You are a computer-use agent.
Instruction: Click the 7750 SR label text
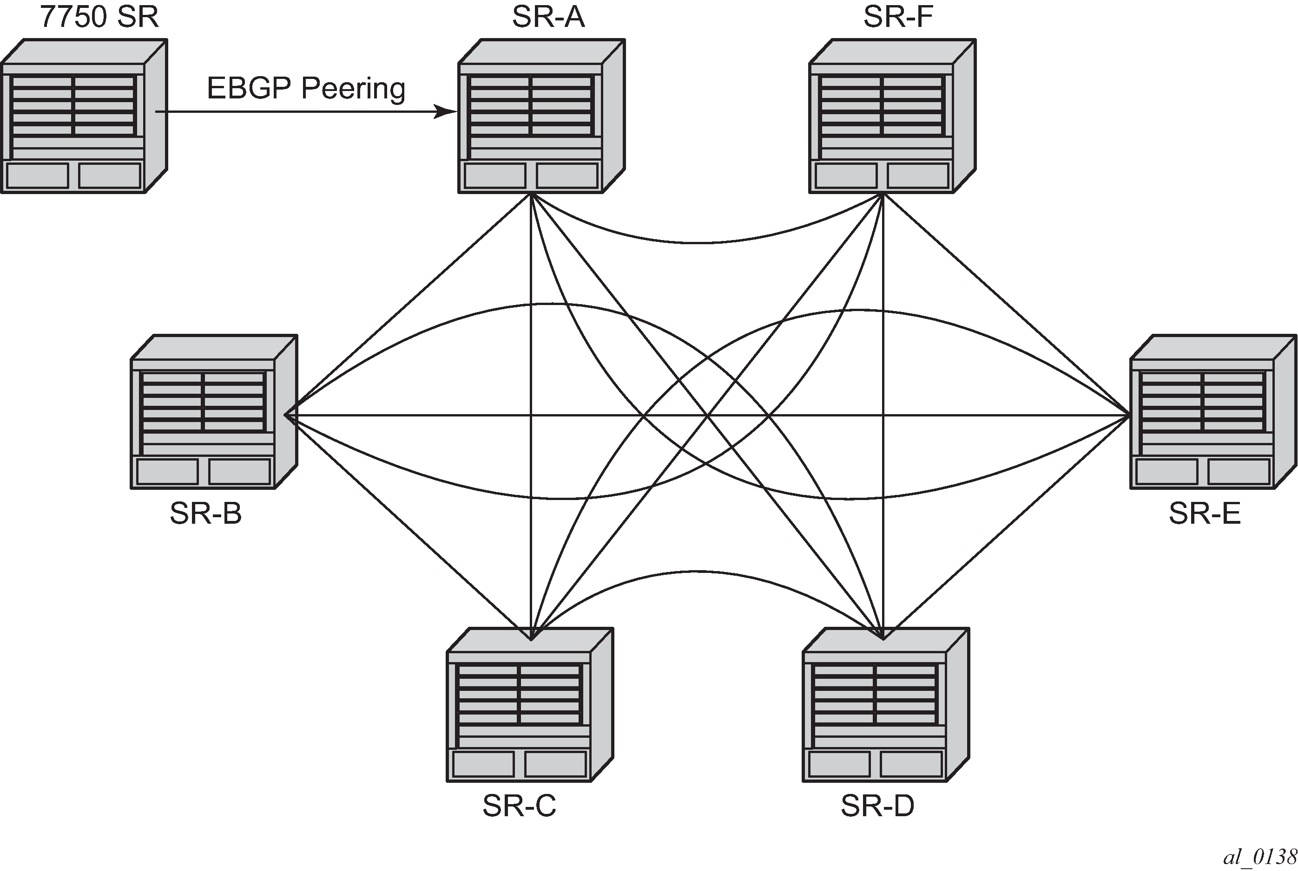[x=99, y=17]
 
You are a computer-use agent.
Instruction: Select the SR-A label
[x=548, y=17]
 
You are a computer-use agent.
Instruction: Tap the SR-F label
[x=898, y=17]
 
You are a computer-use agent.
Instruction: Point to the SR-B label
[x=206, y=514]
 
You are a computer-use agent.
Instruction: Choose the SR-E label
[x=1205, y=514]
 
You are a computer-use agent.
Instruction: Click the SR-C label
[x=519, y=806]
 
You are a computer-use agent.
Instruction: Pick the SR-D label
[x=877, y=806]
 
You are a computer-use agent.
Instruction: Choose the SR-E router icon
[x=1213, y=412]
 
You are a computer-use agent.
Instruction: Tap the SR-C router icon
[x=530, y=705]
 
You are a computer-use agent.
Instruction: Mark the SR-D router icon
[x=885, y=705]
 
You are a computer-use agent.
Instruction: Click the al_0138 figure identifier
[x=1259, y=857]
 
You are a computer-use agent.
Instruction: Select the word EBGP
[x=250, y=88]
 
